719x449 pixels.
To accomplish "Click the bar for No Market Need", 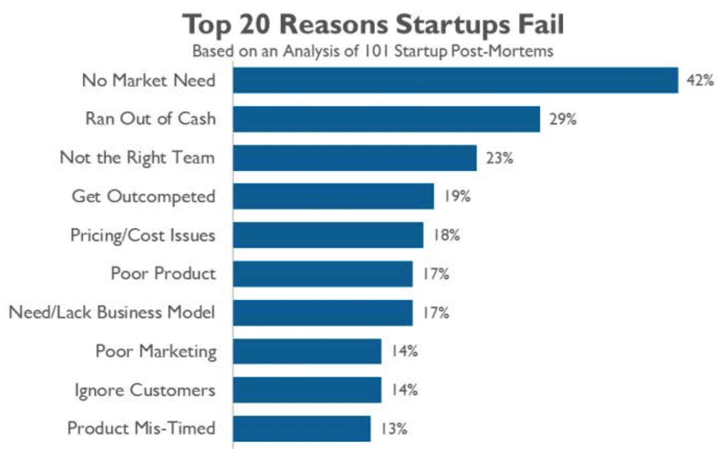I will tap(455, 80).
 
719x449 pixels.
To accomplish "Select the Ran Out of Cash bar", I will tap(386, 119).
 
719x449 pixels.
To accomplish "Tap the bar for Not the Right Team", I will tap(355, 158).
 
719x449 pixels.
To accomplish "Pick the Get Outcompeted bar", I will tap(333, 196).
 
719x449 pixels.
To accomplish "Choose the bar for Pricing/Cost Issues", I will tap(328, 235).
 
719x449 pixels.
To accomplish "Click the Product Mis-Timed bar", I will tap(302, 429).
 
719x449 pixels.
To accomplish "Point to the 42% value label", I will tap(700, 80).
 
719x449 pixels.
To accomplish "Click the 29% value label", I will tap(562, 119).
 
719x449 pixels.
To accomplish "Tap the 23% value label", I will tap(499, 158).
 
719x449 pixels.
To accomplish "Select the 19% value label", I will tap(457, 196).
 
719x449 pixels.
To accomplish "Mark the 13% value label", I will tap(393, 429).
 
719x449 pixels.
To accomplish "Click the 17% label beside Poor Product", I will tap(435, 274).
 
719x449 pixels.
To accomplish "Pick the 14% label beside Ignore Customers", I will tap(404, 390).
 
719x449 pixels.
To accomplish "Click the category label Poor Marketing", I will tap(156, 352).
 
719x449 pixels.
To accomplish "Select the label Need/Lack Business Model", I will tap(112, 312).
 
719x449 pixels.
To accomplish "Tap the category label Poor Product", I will tap(163, 273).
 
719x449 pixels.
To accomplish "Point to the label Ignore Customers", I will tap(145, 390).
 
